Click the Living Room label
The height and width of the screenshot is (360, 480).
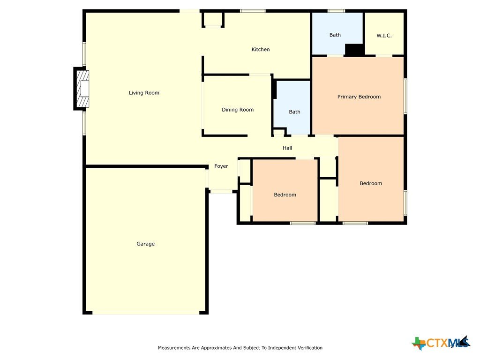point(144,93)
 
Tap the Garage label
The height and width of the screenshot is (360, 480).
point(145,244)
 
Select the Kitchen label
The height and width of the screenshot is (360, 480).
point(261,49)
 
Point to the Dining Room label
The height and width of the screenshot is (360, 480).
point(238,110)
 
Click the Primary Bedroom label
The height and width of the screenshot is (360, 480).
point(359,97)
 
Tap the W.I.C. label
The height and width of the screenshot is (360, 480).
point(384,36)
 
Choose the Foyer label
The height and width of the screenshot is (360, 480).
point(221,166)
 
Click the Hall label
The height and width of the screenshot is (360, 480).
point(287,148)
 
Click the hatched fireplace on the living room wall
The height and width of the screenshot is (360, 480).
point(82,89)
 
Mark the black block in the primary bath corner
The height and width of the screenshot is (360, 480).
point(354,50)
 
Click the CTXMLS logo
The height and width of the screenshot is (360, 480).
point(441,343)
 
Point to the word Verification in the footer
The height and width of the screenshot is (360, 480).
point(310,348)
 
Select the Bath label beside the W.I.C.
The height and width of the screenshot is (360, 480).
point(335,35)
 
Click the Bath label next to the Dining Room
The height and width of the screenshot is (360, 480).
point(294,112)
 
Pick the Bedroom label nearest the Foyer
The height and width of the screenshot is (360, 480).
point(285,195)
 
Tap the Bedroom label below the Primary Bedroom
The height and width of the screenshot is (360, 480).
point(371,183)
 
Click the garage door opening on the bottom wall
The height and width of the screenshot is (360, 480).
point(146,313)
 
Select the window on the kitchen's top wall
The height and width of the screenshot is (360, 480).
point(253,11)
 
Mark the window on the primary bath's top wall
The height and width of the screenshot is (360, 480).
point(336,11)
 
